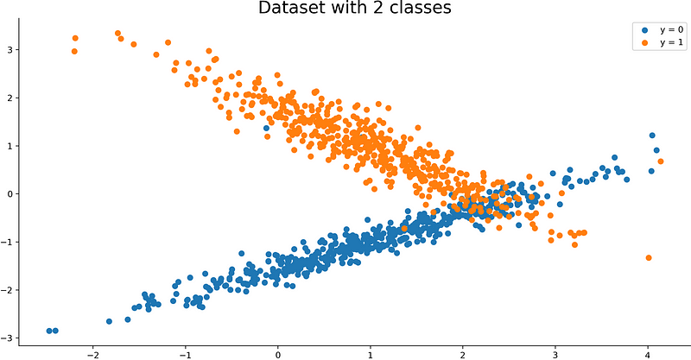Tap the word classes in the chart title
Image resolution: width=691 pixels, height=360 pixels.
[421, 9]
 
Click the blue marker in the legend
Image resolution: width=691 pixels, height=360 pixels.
[643, 29]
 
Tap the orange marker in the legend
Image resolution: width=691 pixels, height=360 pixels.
[643, 42]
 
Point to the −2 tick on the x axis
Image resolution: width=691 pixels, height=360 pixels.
[92, 354]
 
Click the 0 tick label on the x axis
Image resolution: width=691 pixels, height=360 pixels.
[278, 354]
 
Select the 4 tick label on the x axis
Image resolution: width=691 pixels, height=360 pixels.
[648, 354]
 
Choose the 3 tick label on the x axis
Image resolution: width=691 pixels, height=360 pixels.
[555, 354]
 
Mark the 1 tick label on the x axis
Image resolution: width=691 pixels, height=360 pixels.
[371, 354]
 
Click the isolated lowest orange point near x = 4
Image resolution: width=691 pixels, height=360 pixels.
[649, 257]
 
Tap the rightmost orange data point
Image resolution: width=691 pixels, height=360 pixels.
[661, 161]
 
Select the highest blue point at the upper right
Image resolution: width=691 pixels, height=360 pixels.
[652, 136]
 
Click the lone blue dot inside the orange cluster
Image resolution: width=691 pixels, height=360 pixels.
[267, 128]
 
